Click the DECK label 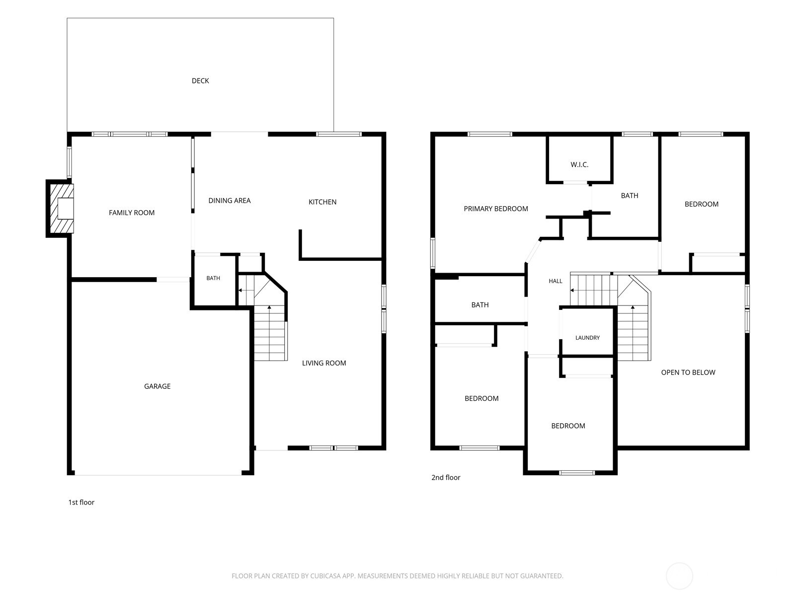point(200,80)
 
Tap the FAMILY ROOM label point(132,213)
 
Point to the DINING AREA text point(229,201)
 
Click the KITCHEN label point(322,202)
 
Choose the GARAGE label point(157,386)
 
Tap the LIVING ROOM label point(324,363)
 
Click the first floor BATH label point(213,278)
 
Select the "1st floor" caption point(81,502)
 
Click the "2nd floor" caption point(446,477)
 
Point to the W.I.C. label point(579,165)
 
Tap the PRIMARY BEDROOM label point(495,209)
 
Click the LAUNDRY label point(587,338)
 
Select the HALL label point(555,281)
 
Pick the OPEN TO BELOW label point(688,372)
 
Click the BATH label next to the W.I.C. point(630,196)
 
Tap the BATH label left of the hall point(480,305)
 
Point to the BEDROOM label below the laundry point(568,426)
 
